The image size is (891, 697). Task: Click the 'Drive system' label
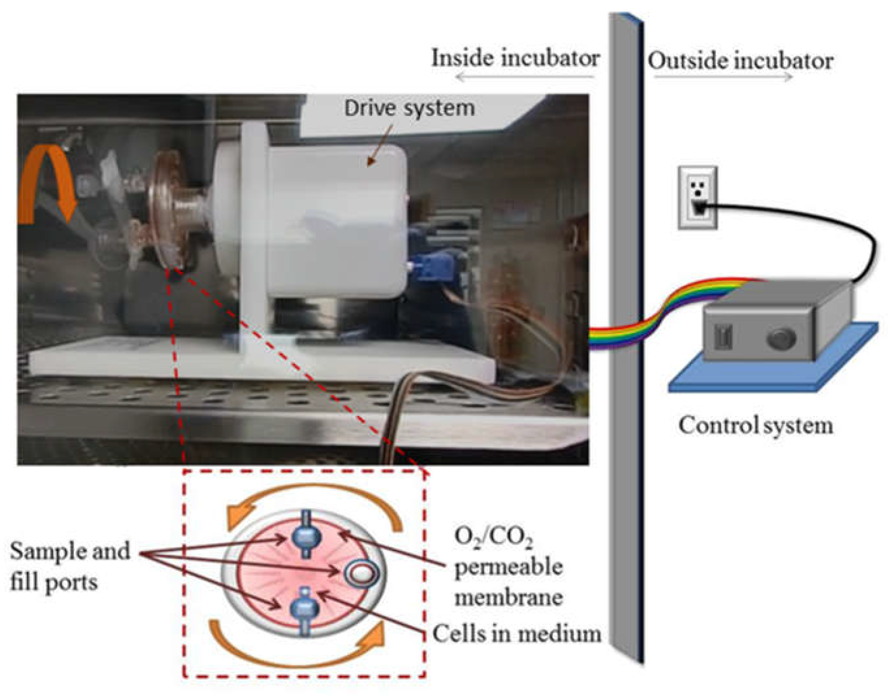click(409, 109)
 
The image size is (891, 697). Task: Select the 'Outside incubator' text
click(740, 61)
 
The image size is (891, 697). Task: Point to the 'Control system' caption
click(755, 425)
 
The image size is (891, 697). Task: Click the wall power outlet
click(698, 198)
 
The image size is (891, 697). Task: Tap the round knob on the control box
click(781, 339)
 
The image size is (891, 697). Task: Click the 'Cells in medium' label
click(516, 634)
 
